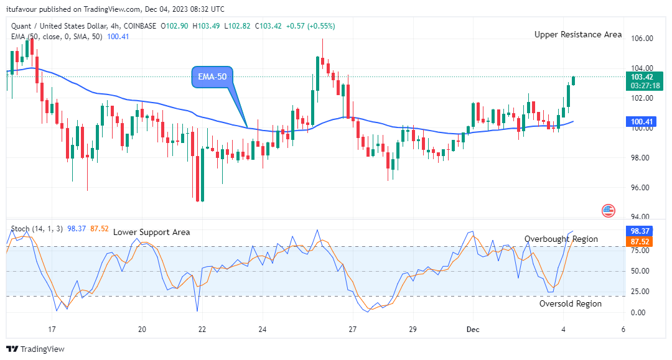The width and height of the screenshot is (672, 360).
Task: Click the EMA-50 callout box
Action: click(x=212, y=76)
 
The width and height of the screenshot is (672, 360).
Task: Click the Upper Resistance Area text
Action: click(x=577, y=35)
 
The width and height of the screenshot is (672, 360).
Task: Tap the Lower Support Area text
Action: click(x=151, y=232)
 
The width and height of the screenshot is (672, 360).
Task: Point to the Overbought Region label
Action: click(x=561, y=239)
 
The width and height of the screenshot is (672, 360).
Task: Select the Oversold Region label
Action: click(x=570, y=303)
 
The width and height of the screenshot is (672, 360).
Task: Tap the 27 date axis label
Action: click(x=352, y=330)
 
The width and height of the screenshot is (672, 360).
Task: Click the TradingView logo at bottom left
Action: click(x=35, y=349)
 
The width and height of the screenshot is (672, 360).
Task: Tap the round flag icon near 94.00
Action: click(x=609, y=210)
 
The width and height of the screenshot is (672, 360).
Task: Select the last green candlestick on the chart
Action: click(x=573, y=81)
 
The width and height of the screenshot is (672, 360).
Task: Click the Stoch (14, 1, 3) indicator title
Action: click(x=36, y=229)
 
